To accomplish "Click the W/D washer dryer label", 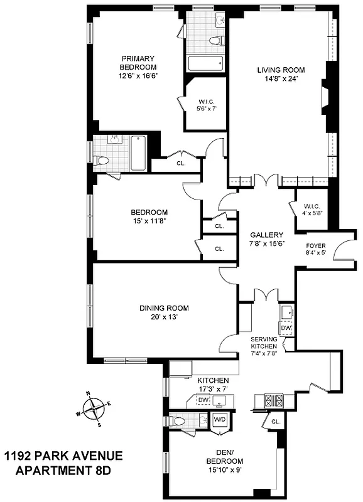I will tap(220, 420).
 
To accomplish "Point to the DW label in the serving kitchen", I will tap(286, 328).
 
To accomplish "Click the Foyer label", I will tap(316, 245).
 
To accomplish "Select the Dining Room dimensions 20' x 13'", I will tap(164, 318).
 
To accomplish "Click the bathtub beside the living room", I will tap(205, 63).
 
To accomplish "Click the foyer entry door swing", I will tap(345, 251).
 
